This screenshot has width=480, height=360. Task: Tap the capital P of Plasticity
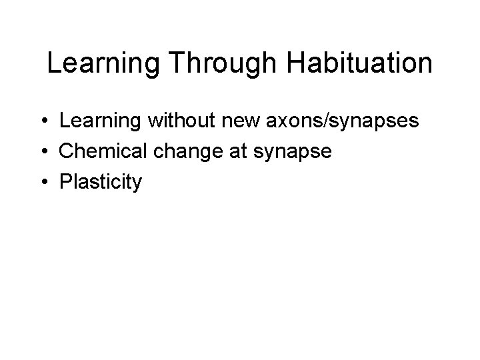point(65,182)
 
